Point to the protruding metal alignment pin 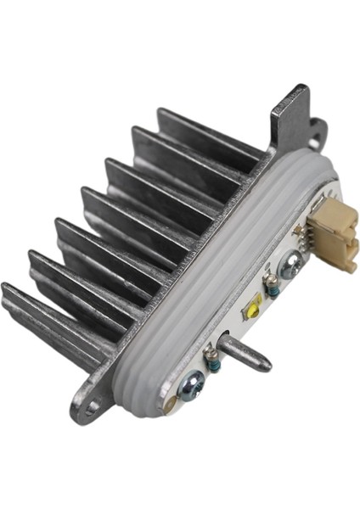click(246, 355)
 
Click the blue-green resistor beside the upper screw click(273, 288)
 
